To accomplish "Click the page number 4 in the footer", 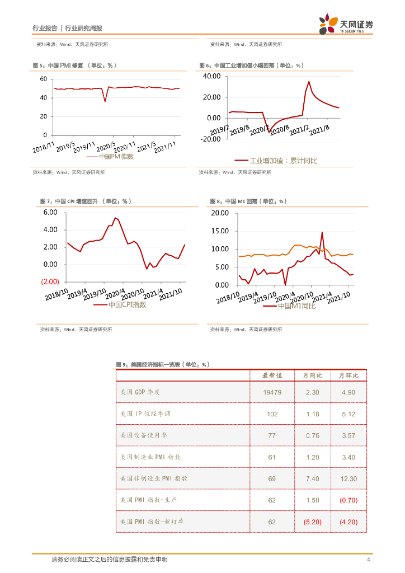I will click(x=368, y=560).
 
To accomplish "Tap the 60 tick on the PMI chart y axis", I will click(x=43, y=79).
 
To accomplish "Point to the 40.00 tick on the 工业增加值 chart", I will click(x=213, y=76).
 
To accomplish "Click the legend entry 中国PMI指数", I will click(x=116, y=157).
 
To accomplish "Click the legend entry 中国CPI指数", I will click(x=127, y=305).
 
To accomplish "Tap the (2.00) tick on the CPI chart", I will click(x=50, y=281).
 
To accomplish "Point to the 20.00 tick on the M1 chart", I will click(x=220, y=213).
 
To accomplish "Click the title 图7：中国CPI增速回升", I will click(x=85, y=201).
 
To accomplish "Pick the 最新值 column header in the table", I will click(x=272, y=375).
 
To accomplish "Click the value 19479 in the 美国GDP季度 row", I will click(x=272, y=392).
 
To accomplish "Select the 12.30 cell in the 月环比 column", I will click(x=349, y=479).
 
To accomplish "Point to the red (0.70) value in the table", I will click(x=349, y=500).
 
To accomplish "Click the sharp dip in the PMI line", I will click(x=105, y=101).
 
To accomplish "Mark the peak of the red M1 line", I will click(x=322, y=232).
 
